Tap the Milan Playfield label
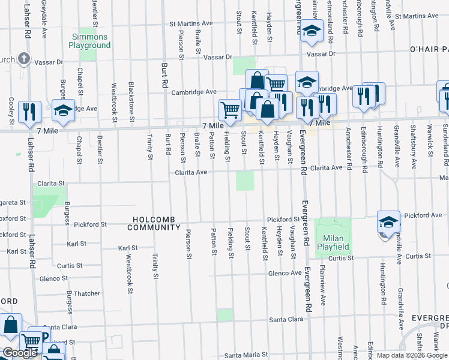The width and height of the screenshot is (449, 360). click(333, 244)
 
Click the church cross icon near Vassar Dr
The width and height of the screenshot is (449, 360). click(23, 59)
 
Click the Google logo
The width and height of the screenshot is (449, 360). click(20, 353)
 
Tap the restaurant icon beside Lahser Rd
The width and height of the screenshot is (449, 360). click(29, 112)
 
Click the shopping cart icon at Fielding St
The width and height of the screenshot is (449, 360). click(230, 110)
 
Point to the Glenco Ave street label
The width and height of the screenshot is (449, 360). click(285, 273)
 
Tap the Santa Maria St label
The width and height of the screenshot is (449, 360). click(246, 355)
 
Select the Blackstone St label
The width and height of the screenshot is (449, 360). click(131, 98)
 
